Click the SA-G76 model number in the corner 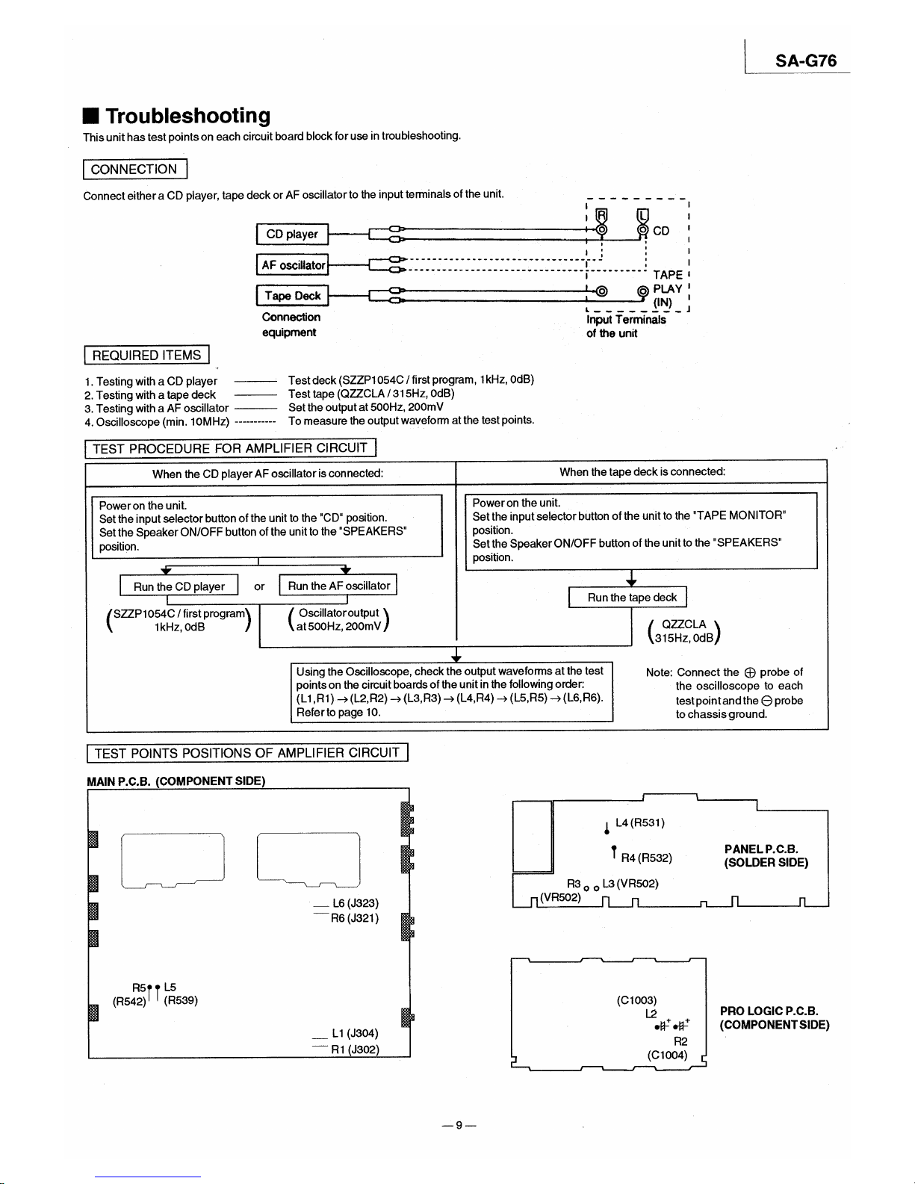click(x=805, y=61)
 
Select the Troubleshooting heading click(x=187, y=116)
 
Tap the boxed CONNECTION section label click(x=134, y=170)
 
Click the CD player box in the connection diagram click(x=292, y=234)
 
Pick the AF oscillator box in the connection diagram click(x=293, y=265)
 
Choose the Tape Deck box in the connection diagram click(x=292, y=296)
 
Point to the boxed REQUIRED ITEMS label click(x=146, y=356)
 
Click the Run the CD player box click(x=179, y=586)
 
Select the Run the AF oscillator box click(x=338, y=586)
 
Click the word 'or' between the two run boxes click(x=259, y=586)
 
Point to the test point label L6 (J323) click(x=356, y=903)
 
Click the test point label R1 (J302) click(x=355, y=1050)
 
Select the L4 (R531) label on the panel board click(x=640, y=823)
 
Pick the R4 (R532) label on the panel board click(x=647, y=858)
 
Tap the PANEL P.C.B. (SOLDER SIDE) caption click(x=766, y=856)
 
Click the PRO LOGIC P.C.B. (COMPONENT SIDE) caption click(x=775, y=1018)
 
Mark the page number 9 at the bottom click(x=459, y=1125)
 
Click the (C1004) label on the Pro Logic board click(x=667, y=1056)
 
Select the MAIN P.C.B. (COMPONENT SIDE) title click(x=176, y=781)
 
